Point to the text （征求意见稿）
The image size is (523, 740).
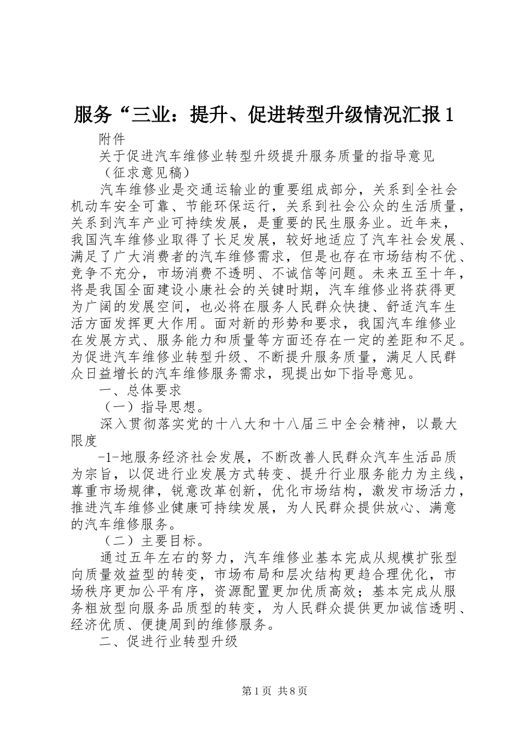148,172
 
